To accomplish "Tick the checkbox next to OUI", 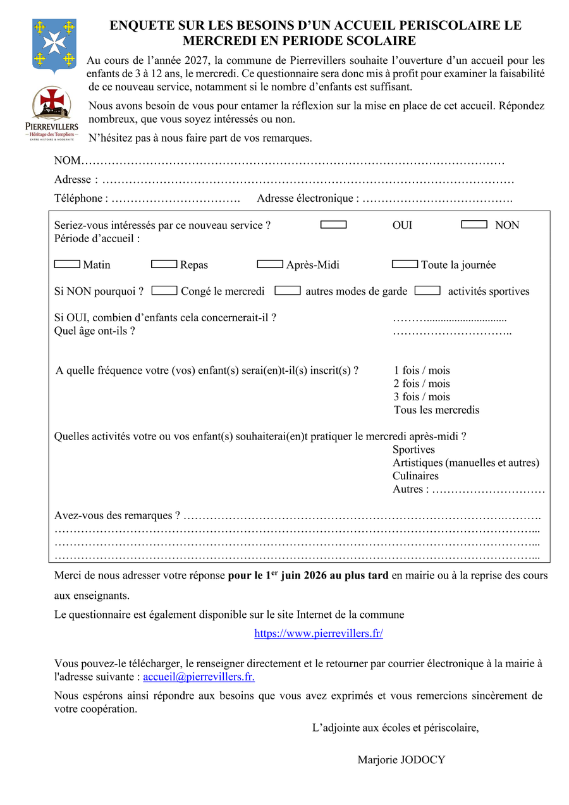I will (333, 224).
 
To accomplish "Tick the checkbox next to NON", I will (474, 224).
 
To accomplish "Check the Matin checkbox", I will (67, 264).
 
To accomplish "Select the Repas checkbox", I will (164, 264).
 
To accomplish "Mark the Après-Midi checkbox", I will (270, 264).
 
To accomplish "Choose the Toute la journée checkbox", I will (405, 264).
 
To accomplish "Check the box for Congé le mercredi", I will (164, 290).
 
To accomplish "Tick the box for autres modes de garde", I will (288, 290).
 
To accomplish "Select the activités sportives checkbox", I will (427, 290).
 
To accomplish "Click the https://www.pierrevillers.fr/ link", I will (319, 633).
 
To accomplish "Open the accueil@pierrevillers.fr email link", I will (199, 677).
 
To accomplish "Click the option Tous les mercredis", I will (436, 410).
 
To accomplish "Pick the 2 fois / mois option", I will (422, 383).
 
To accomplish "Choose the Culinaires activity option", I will (415, 476).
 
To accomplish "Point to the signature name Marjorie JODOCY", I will (401, 759).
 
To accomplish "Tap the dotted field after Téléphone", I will (176, 199).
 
